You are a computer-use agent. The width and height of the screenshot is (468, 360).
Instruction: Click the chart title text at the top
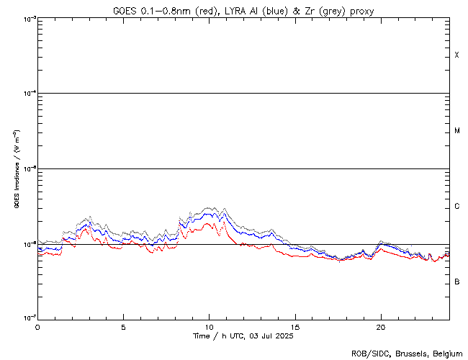(x=243, y=11)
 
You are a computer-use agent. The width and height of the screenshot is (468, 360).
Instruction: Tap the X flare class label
(x=456, y=55)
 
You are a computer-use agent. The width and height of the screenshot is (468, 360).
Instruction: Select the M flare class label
(x=456, y=131)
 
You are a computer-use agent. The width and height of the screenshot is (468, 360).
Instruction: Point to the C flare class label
(x=456, y=207)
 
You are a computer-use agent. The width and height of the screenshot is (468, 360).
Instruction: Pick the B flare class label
(x=456, y=282)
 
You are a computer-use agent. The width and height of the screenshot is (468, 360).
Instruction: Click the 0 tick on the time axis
(x=37, y=326)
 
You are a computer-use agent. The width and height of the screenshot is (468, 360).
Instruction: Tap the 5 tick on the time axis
(x=123, y=326)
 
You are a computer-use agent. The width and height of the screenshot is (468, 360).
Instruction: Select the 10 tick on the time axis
(x=209, y=326)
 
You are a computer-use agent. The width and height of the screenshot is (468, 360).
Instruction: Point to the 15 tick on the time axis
(x=294, y=326)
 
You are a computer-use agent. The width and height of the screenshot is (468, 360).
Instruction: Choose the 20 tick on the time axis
(x=380, y=326)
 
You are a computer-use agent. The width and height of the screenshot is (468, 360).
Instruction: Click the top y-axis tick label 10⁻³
(x=27, y=19)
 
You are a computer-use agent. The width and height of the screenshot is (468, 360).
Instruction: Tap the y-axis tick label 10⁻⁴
(x=27, y=94)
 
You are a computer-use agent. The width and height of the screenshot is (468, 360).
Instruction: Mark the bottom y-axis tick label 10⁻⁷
(x=27, y=318)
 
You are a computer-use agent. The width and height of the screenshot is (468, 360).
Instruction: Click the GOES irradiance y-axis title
(x=16, y=168)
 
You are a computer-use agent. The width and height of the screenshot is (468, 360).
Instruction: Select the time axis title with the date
(x=243, y=336)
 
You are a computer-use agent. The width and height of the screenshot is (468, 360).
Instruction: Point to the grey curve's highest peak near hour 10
(x=210, y=207)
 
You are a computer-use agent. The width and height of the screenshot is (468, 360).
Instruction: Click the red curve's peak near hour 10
(x=209, y=223)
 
